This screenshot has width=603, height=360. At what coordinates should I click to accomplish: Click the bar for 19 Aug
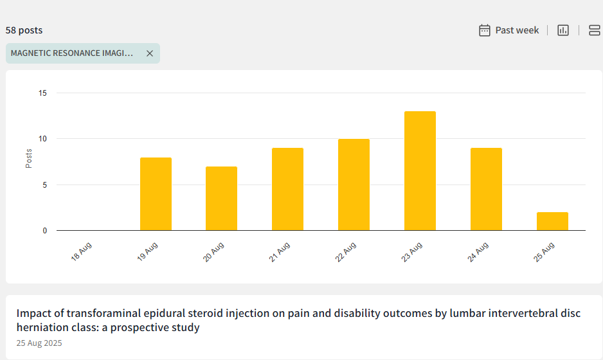[x=156, y=194]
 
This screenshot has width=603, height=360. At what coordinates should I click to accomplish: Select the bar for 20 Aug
[x=221, y=198]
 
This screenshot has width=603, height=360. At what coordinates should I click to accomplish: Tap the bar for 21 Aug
[x=287, y=189]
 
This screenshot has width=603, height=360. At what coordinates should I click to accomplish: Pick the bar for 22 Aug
[x=354, y=184]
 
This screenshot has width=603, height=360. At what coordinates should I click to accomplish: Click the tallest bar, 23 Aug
[x=420, y=170]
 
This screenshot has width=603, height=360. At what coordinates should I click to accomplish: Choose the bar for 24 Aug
[x=486, y=189]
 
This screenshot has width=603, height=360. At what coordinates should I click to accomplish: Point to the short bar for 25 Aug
[x=552, y=221]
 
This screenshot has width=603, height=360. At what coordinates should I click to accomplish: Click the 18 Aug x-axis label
[x=82, y=251]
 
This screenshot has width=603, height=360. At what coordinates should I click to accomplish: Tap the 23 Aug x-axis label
[x=412, y=251]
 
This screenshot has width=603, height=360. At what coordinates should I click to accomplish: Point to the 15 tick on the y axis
[x=43, y=93]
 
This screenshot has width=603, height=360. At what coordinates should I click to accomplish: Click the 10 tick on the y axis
[x=43, y=139]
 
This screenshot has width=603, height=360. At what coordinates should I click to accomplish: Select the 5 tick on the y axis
[x=45, y=185]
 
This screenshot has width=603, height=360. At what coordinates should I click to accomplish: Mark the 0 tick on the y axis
[x=45, y=231]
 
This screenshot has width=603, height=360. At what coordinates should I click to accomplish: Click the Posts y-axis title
[x=29, y=159]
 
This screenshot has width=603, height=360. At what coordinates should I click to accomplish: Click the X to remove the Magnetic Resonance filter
[x=150, y=53]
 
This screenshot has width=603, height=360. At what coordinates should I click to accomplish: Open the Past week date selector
[x=517, y=30]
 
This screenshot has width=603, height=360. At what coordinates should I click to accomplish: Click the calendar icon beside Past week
[x=485, y=30]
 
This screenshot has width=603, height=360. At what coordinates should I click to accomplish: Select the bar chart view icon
[x=563, y=30]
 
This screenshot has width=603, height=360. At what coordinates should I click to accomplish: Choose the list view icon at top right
[x=595, y=30]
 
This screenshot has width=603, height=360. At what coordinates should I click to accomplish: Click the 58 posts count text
[x=24, y=30]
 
